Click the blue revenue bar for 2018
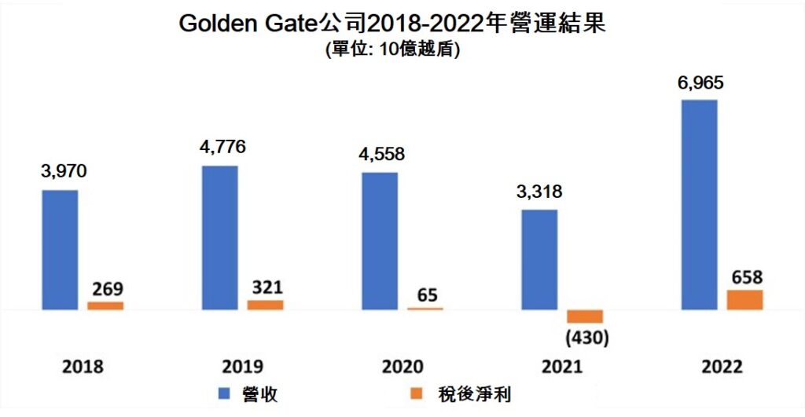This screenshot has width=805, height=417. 60,250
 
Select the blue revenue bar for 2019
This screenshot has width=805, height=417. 219,237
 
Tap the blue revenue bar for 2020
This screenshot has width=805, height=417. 380,240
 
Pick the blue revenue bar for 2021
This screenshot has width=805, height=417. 539,259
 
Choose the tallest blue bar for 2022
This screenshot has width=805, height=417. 699,204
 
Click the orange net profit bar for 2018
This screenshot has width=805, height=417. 105,305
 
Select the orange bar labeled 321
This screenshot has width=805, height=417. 265,305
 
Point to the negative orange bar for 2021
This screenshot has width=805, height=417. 585,316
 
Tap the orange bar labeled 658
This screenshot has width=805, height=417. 744,299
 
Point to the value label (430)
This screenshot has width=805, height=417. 585,338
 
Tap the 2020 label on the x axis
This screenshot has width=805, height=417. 402,367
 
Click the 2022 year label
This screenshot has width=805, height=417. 722,367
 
